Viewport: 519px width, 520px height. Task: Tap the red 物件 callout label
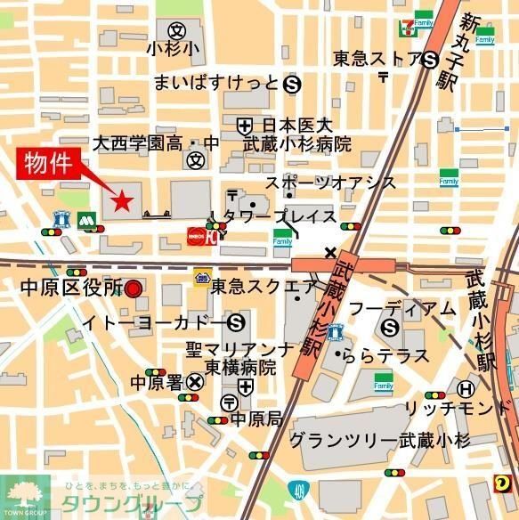(49, 165)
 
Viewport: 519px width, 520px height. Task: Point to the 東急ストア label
(377, 59)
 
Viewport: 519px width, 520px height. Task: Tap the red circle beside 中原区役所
(134, 288)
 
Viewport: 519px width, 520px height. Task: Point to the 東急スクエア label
(264, 287)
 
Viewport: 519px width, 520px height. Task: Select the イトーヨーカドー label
(153, 321)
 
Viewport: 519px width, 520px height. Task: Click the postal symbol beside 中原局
(230, 402)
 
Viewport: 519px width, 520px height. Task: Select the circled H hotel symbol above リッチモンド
(465, 388)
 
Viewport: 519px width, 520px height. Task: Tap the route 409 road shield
(296, 488)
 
